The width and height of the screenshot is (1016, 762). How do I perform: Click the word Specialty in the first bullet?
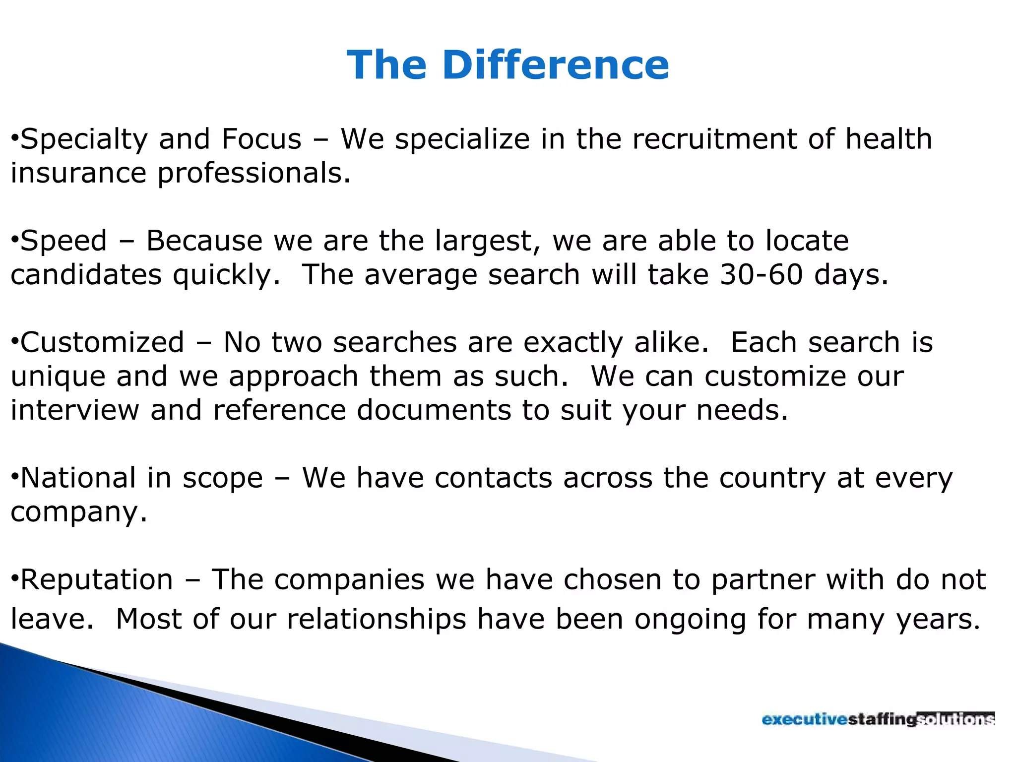pos(84,139)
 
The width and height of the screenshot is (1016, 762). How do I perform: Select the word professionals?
pos(254,174)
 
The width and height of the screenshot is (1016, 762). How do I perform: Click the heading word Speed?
pos(63,241)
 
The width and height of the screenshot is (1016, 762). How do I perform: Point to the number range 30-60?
pos(761,274)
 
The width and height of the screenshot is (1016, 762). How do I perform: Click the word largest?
pos(487,241)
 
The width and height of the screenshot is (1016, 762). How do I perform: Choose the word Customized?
pos(102,342)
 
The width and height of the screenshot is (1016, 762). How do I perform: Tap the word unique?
pos(58,377)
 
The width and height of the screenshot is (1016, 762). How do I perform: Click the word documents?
pos(434,410)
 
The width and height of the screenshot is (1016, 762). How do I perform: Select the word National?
pos(78,478)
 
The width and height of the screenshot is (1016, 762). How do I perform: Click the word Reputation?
pos(97,579)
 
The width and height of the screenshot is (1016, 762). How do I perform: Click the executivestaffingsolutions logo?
pos(878,719)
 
